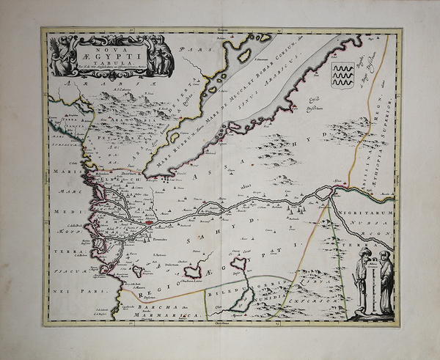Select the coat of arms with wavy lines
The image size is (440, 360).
coord(342,75)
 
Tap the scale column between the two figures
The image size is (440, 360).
coord(373,286)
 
